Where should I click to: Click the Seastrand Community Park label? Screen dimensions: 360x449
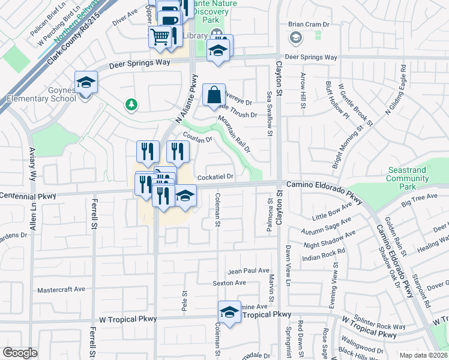[x=408, y=175]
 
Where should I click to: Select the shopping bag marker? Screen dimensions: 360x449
[x=214, y=95]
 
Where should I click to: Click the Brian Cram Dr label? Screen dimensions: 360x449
[x=309, y=25]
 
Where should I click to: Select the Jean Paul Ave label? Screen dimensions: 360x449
[x=249, y=271]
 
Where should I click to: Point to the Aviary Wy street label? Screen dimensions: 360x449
[x=33, y=166]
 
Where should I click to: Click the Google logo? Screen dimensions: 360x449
[x=20, y=353]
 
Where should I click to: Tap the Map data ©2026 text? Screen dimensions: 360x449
[x=423, y=355]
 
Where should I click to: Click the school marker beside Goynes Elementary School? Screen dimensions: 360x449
[x=86, y=82]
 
